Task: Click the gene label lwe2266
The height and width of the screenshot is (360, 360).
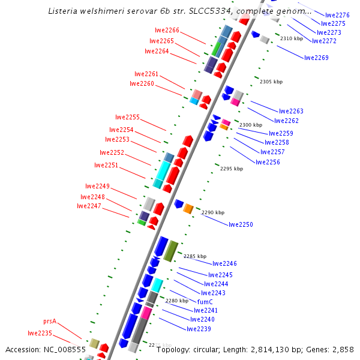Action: pos(167,30)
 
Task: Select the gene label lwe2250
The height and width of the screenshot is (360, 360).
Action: pos(241,224)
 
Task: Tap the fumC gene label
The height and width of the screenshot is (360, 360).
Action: pos(205,302)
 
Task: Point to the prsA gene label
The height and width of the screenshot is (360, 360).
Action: pos(50,321)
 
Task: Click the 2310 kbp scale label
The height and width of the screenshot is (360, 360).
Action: pos(292,38)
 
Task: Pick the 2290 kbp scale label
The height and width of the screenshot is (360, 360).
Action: pos(213,212)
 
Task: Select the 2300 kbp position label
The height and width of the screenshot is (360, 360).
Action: pos(251,125)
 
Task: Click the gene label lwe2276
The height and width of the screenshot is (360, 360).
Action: pos(337,15)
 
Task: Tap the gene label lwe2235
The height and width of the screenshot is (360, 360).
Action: pos(40,333)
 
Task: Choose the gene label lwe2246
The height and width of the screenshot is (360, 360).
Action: pos(224,263)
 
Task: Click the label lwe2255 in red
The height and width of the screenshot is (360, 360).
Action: pos(127,117)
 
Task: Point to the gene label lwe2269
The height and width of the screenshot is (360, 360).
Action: pos(316,58)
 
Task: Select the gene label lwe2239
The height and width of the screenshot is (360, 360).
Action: pos(199,329)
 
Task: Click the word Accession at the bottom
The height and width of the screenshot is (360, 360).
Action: pos(23,349)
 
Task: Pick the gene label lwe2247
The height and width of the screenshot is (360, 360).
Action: pos(89,206)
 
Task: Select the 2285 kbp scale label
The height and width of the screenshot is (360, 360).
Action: pos(195,256)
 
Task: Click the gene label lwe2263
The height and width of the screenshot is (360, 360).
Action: pos(291,111)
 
